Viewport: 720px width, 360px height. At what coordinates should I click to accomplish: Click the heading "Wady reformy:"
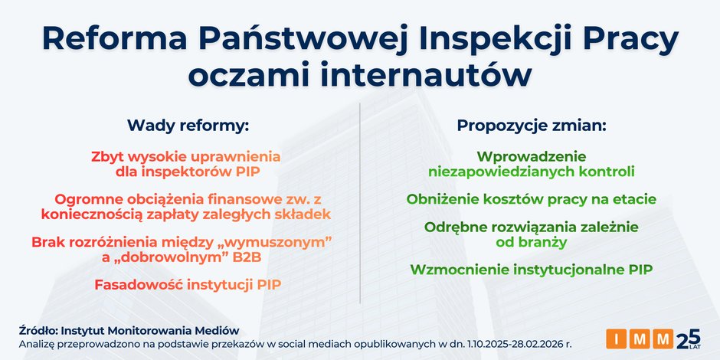click(188, 125)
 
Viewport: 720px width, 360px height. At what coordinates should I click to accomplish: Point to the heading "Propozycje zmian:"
click(532, 125)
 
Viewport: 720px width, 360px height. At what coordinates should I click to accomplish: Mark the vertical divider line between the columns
click(360, 207)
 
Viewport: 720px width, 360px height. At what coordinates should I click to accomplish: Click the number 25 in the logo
click(689, 337)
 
